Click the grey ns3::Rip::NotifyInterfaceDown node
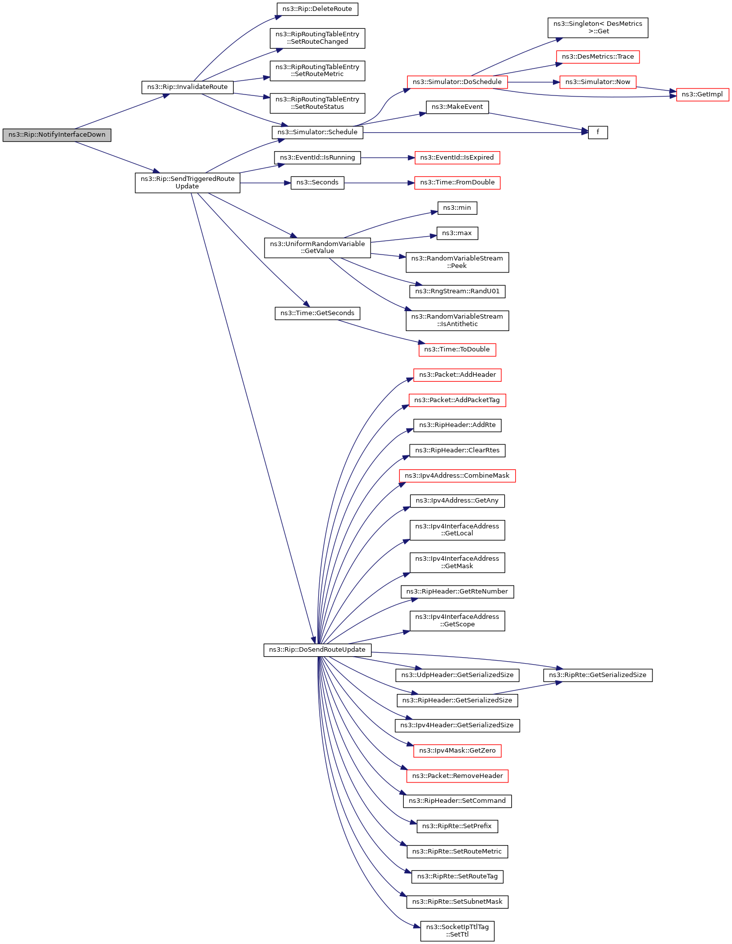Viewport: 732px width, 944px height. click(57, 135)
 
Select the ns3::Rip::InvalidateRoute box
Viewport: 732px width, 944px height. click(187, 87)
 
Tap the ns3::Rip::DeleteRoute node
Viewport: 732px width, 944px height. click(317, 9)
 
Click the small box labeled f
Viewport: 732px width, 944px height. click(598, 132)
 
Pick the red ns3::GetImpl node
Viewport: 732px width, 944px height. click(702, 94)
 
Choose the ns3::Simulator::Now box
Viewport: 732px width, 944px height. click(597, 82)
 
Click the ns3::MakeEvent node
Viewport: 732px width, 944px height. click(457, 107)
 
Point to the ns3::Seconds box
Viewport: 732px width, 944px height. click(317, 182)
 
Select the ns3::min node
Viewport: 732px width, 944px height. click(457, 208)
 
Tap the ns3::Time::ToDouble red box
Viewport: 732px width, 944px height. click(457, 349)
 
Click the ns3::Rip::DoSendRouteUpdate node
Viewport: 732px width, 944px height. click(317, 650)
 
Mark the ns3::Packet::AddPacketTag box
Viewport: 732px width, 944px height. click(457, 400)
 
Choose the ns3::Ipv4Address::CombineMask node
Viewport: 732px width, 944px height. click(457, 476)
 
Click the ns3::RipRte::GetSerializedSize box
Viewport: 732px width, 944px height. click(597, 675)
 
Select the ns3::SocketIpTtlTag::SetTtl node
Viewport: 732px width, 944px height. click(457, 931)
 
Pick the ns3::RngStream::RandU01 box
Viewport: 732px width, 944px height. click(457, 291)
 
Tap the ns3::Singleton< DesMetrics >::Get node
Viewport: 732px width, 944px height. click(597, 27)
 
